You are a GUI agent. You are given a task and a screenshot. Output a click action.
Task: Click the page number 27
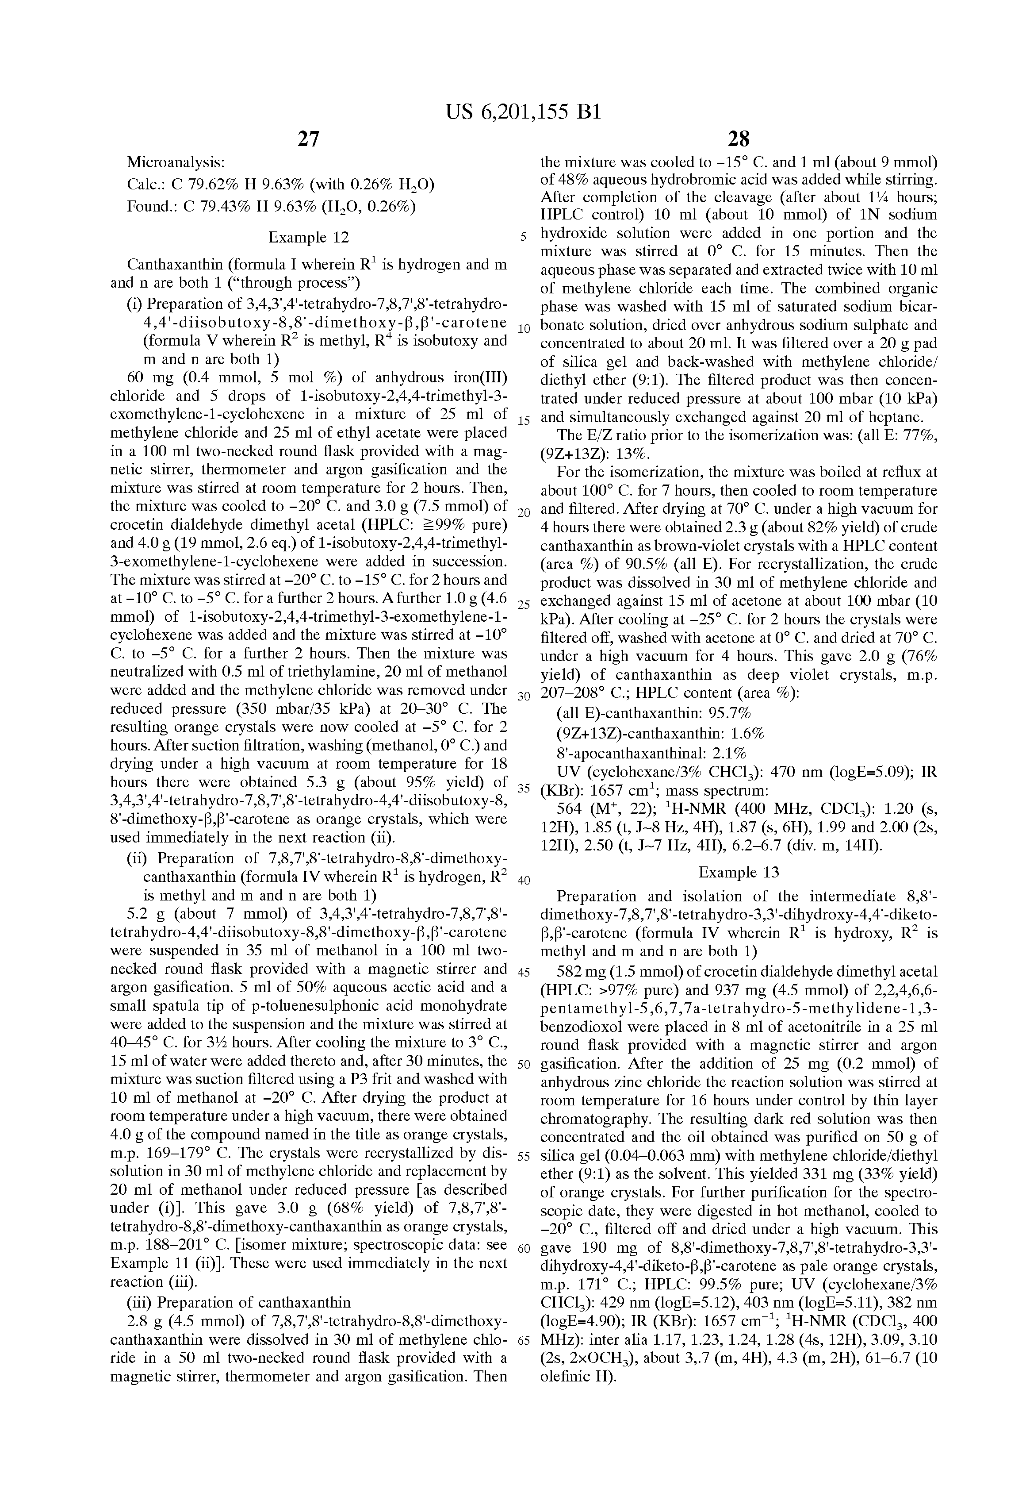point(308,139)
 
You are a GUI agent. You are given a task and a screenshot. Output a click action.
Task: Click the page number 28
point(739,139)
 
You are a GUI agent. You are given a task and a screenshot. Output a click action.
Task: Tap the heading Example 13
point(739,872)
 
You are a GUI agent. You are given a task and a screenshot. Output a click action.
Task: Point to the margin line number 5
point(523,237)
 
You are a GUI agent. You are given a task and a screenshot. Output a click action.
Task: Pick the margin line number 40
point(523,881)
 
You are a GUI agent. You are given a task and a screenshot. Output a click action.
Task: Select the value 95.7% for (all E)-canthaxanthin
point(730,714)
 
